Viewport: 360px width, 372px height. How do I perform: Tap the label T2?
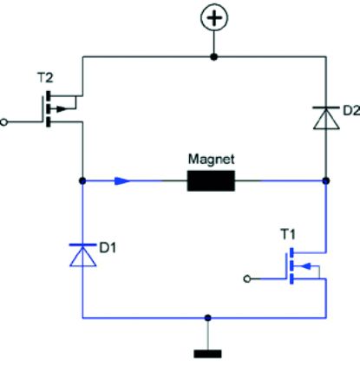point(45,77)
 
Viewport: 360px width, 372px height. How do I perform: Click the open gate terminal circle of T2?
point(5,122)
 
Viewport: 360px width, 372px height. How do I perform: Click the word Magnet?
point(212,160)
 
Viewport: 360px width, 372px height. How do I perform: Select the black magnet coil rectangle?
point(212,181)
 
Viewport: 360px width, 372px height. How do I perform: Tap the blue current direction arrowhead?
point(124,181)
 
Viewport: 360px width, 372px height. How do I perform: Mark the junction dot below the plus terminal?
point(213,57)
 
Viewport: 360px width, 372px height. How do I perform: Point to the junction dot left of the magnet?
point(82,181)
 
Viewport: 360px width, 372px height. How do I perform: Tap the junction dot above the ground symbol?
point(207,317)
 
